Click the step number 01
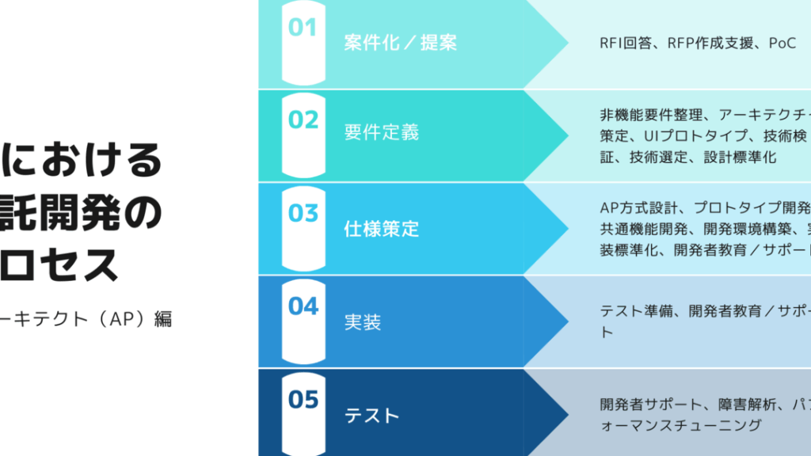click(x=303, y=28)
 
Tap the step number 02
click(x=303, y=120)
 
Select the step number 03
click(x=303, y=213)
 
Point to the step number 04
click(x=303, y=306)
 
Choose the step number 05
click(x=303, y=400)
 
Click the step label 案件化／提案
click(x=400, y=43)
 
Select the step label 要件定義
click(x=382, y=132)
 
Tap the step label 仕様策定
click(x=382, y=229)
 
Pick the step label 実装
click(x=363, y=322)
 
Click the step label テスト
click(x=372, y=416)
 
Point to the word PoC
click(x=782, y=43)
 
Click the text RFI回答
click(x=626, y=43)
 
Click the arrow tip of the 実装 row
click(x=568, y=321)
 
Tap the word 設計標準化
click(x=740, y=158)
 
